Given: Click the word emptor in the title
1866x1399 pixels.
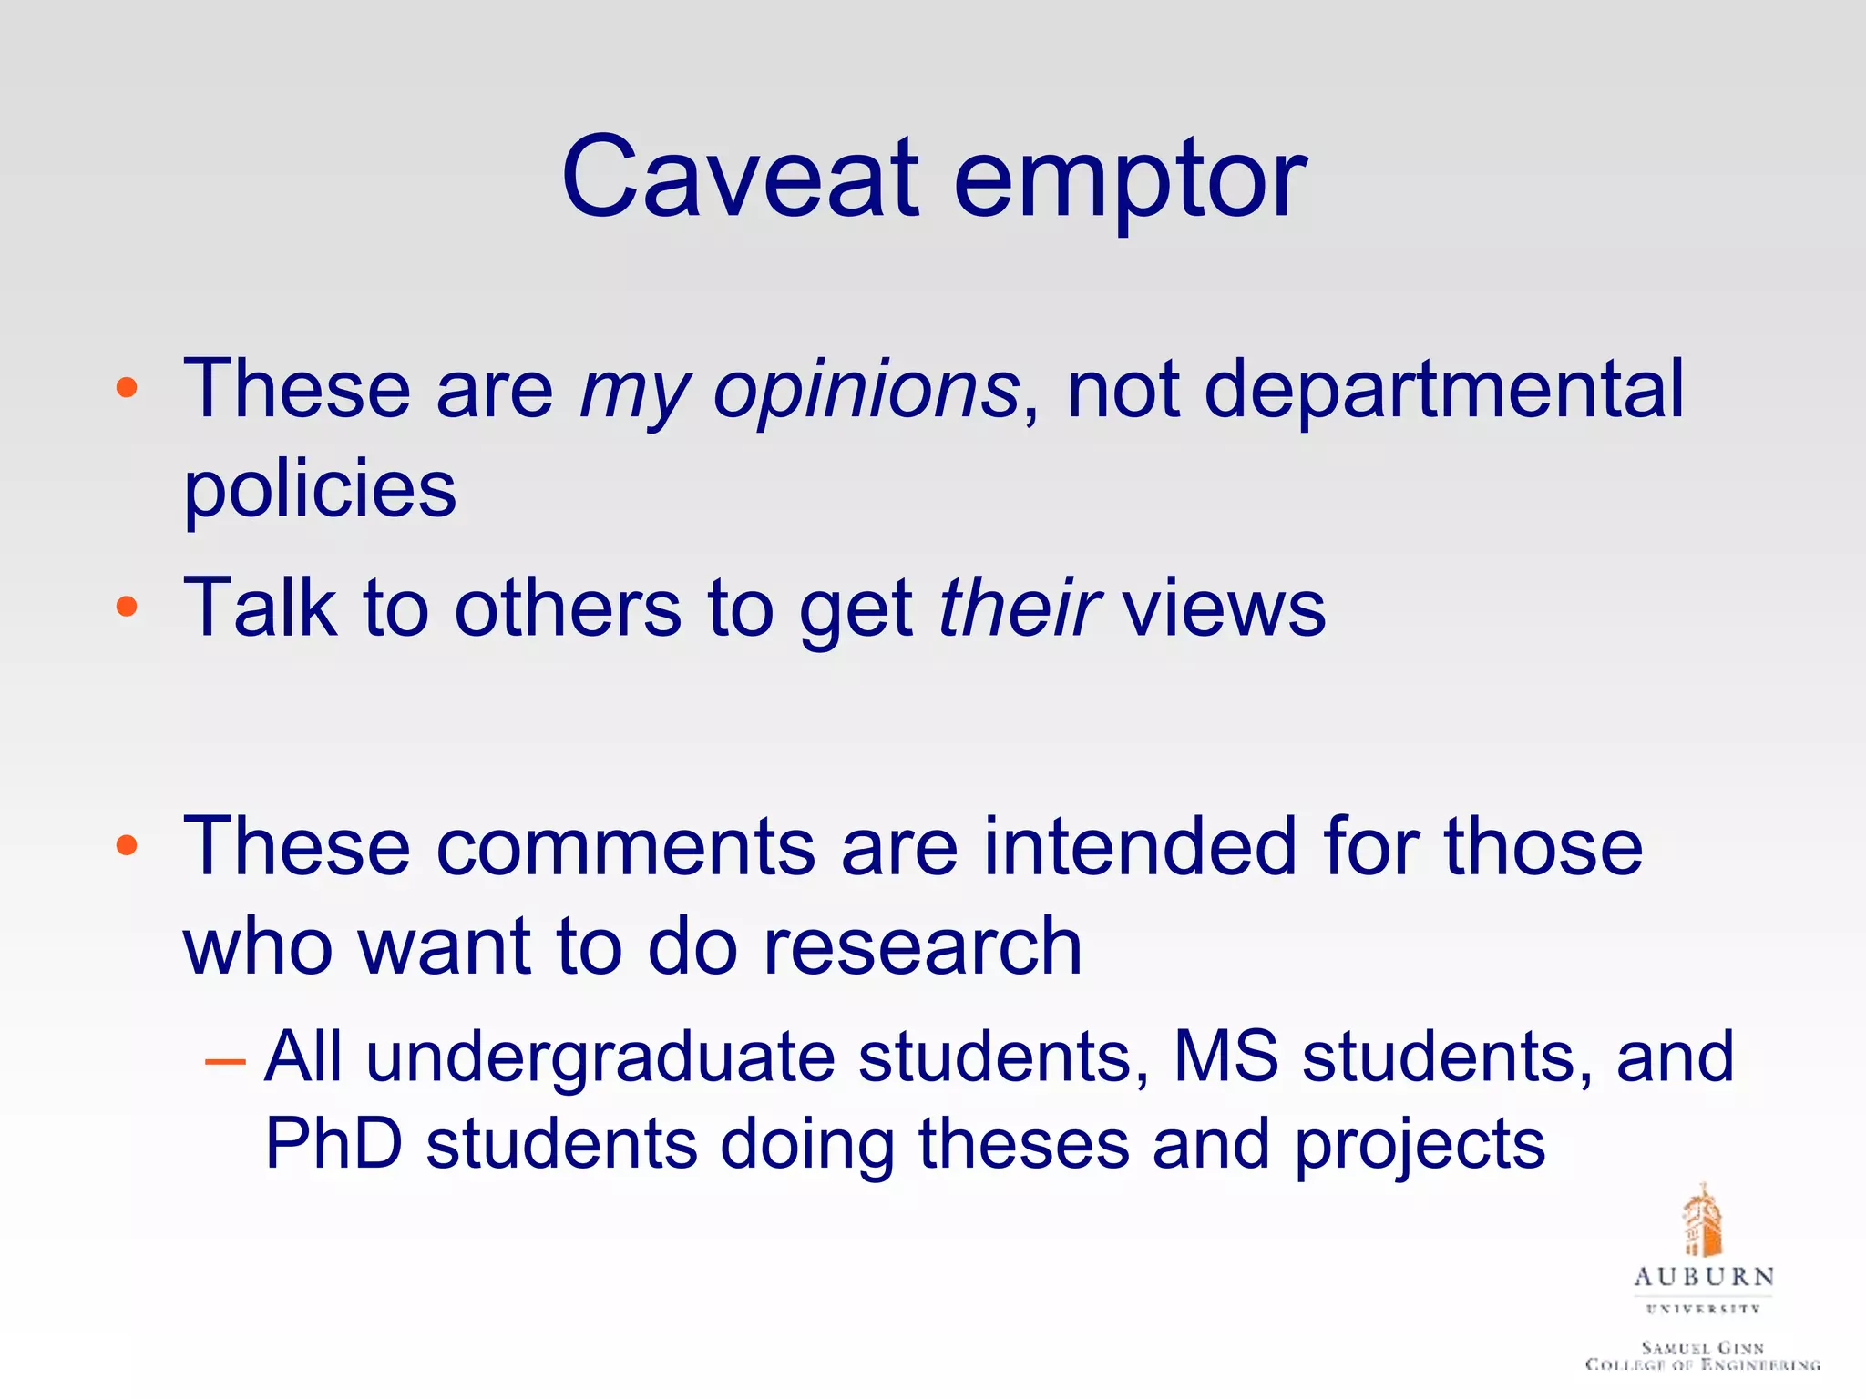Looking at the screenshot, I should (x=1130, y=182).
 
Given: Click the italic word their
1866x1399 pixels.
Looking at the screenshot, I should (x=1019, y=608).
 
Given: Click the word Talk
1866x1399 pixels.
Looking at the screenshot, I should (x=261, y=608).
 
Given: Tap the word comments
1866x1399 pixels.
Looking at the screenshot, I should (x=625, y=847).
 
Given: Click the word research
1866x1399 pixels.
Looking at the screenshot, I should (x=922, y=947).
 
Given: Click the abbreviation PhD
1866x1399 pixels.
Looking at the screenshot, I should (x=333, y=1144).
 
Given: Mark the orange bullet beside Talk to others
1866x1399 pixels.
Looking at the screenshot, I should (x=127, y=607).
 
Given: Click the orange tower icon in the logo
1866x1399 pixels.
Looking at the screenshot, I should (x=1702, y=1220).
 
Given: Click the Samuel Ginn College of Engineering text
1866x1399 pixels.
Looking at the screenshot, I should (x=1702, y=1355).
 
